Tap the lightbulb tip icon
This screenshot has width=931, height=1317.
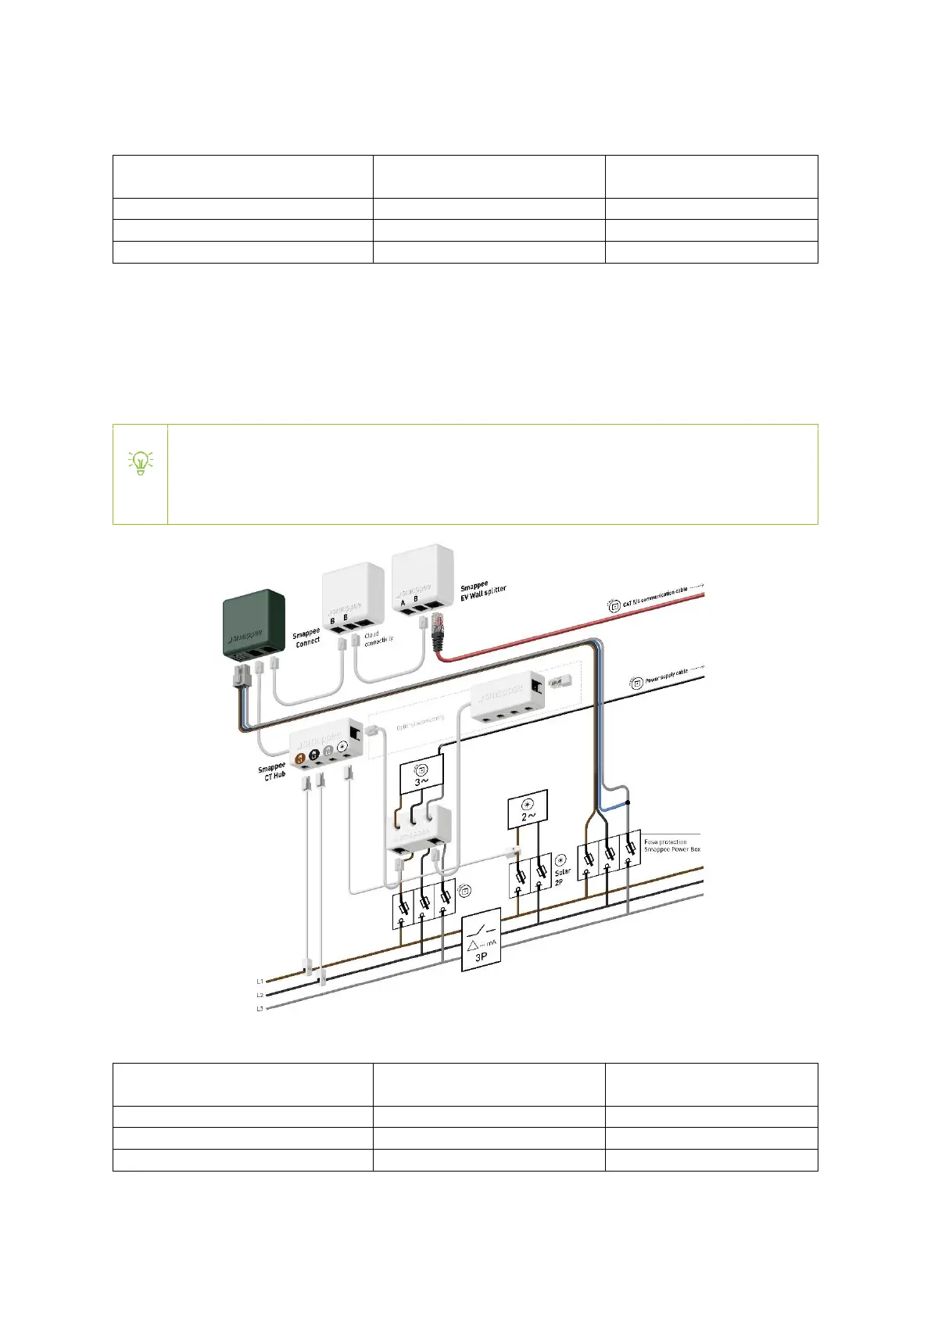coord(141,464)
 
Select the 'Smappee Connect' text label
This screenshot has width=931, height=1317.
coord(306,637)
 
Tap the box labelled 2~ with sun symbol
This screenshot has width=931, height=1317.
coord(528,809)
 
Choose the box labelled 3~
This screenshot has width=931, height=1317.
coord(421,775)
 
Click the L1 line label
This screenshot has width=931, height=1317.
coord(260,981)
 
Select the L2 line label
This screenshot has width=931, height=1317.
coord(260,995)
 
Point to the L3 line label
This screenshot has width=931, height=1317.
coord(260,1009)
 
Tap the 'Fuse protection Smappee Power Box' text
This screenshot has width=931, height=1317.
coord(671,845)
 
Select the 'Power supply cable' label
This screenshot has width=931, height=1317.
coord(666,676)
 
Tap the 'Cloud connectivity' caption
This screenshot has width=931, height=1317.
coord(378,638)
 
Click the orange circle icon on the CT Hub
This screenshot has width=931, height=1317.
coord(299,758)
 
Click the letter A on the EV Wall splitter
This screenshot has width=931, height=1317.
coord(403,603)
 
